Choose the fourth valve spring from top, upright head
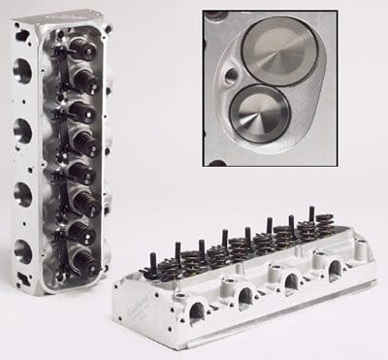coord(85,141)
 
